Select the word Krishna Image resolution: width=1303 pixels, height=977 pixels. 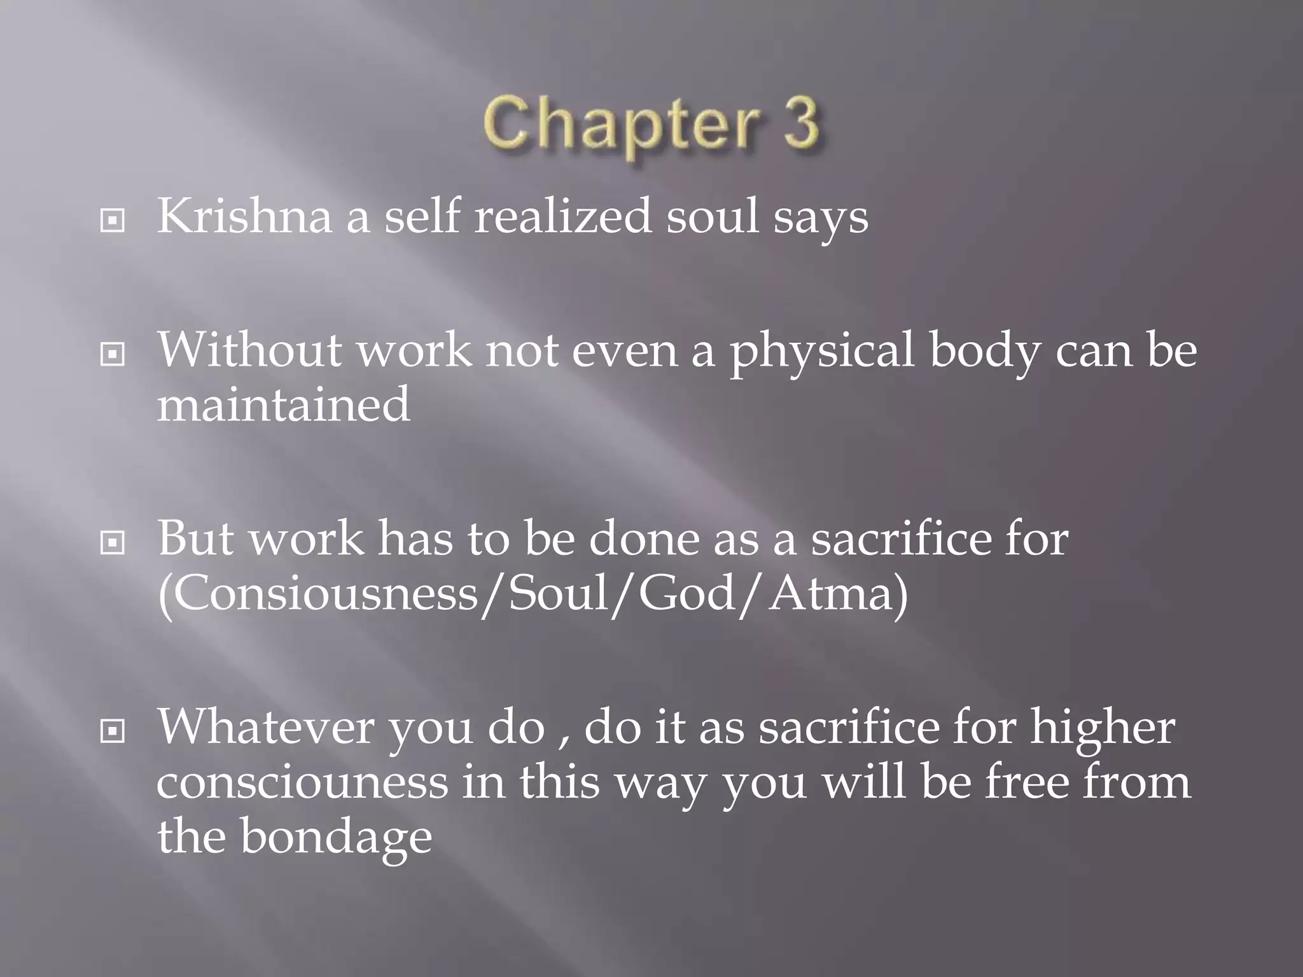(244, 216)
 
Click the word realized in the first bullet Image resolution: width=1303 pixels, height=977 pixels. (563, 216)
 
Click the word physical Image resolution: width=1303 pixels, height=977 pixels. (821, 351)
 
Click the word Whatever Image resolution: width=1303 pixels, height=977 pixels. (265, 727)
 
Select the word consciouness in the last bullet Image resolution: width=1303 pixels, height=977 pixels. (302, 782)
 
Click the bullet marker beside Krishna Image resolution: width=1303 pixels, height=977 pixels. (113, 221)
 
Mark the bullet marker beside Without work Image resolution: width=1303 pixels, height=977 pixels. (113, 355)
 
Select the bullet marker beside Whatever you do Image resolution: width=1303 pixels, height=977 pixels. (113, 732)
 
